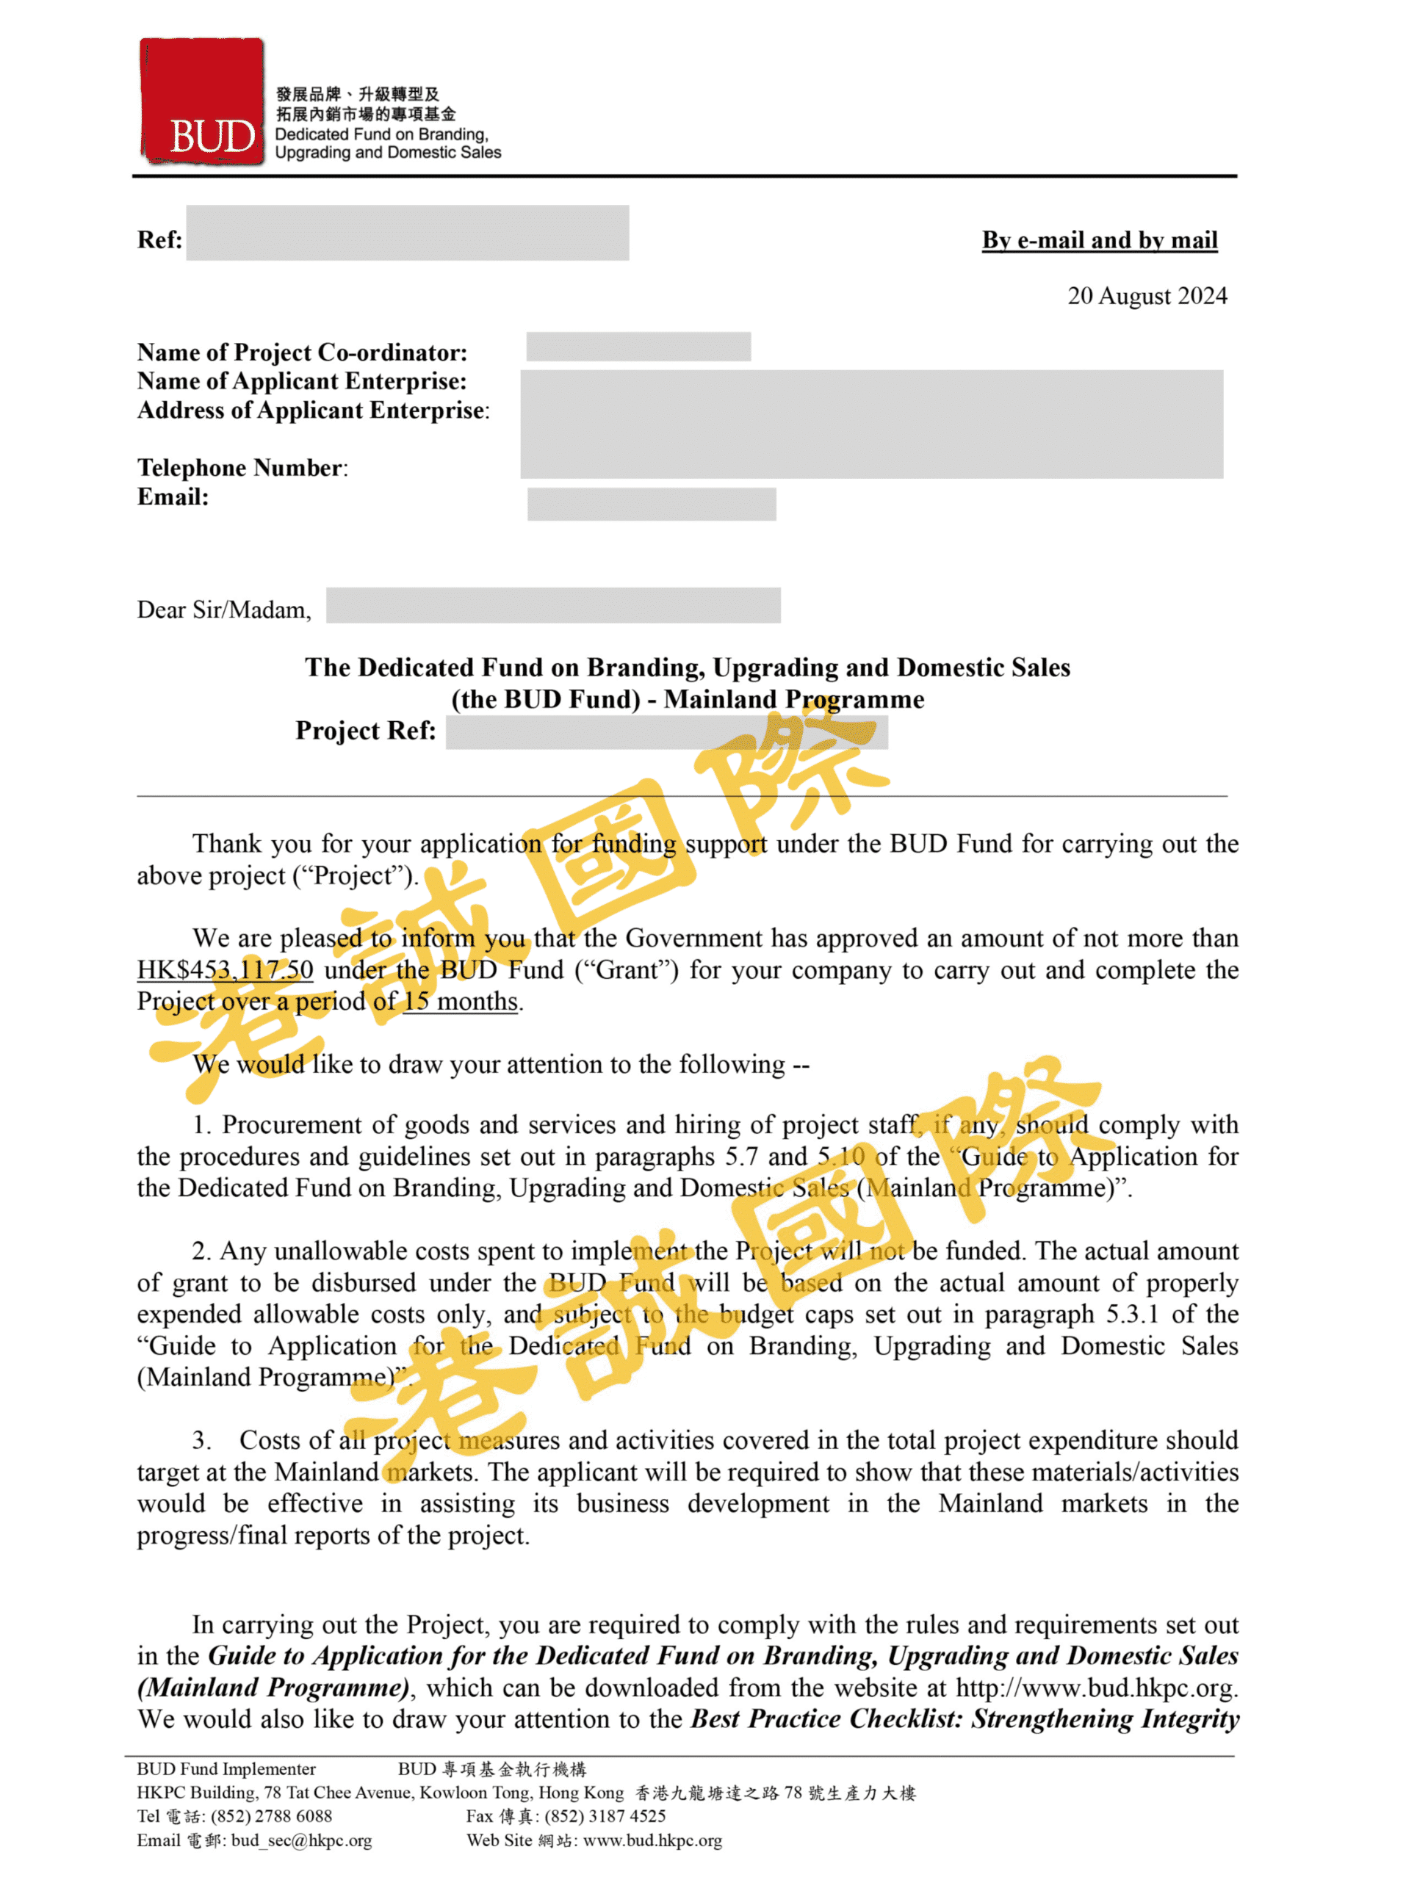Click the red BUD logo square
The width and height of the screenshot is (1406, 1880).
click(201, 101)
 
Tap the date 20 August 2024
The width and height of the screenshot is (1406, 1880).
click(1147, 296)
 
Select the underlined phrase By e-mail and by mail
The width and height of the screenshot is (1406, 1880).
click(1099, 241)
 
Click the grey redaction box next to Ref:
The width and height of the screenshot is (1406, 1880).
click(407, 232)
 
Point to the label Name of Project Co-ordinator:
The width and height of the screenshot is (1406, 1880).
click(302, 352)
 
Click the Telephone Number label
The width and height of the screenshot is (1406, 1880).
click(242, 468)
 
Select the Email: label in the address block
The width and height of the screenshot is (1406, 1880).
click(173, 497)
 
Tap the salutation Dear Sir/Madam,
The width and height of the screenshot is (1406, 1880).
click(223, 610)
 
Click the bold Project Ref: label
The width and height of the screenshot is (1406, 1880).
click(366, 731)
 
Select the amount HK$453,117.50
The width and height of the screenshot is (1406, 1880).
click(226, 970)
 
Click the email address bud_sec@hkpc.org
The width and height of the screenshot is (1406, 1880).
click(301, 1840)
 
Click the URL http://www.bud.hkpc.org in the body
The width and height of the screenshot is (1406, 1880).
click(1095, 1687)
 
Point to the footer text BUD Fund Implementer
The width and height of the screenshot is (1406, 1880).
click(226, 1768)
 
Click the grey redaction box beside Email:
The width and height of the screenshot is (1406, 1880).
click(651, 503)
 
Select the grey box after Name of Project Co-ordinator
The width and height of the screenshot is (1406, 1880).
click(638, 347)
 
